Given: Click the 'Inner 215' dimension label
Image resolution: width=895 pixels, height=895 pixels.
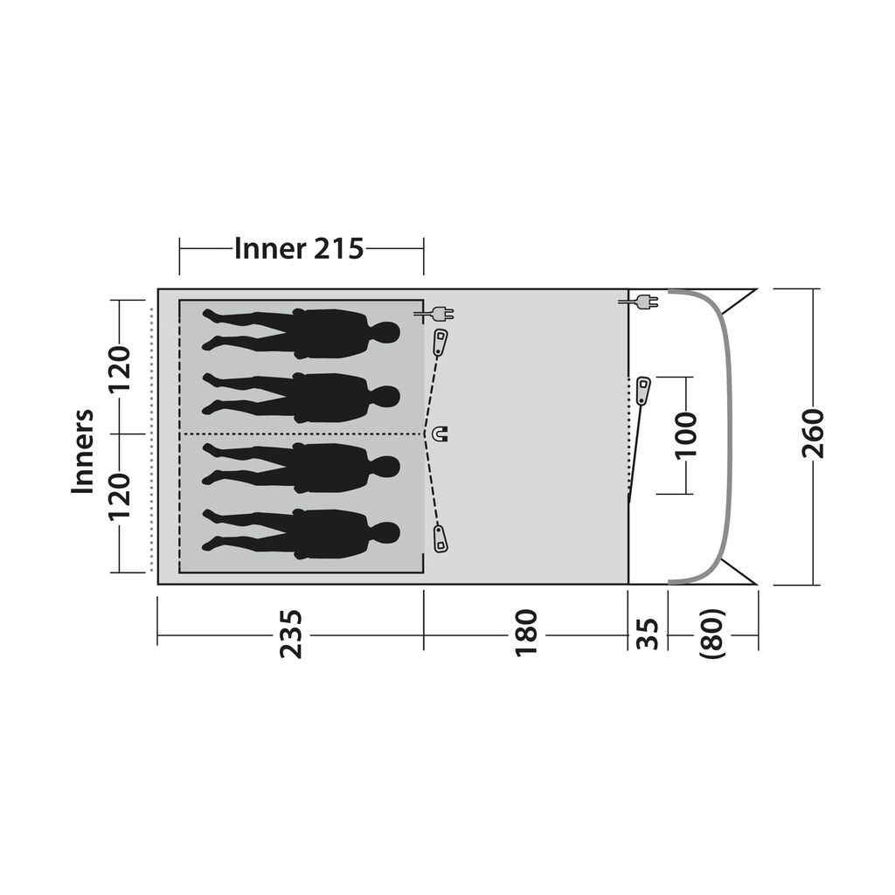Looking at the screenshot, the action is pyautogui.click(x=299, y=249).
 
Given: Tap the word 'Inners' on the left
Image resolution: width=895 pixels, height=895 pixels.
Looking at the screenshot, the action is pyautogui.click(x=83, y=451).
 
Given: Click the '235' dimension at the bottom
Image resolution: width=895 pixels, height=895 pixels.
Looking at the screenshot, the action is pyautogui.click(x=290, y=635).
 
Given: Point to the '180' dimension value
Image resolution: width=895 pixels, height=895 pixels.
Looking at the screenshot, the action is pyautogui.click(x=526, y=635).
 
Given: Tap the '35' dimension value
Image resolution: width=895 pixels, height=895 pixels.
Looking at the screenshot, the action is pyautogui.click(x=648, y=635).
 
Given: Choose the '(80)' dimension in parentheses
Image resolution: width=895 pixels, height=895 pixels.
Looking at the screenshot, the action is pyautogui.click(x=712, y=635).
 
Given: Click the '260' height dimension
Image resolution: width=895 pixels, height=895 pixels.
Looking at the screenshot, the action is pyautogui.click(x=813, y=434).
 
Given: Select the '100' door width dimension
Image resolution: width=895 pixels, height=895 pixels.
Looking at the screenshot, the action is pyautogui.click(x=686, y=435).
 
